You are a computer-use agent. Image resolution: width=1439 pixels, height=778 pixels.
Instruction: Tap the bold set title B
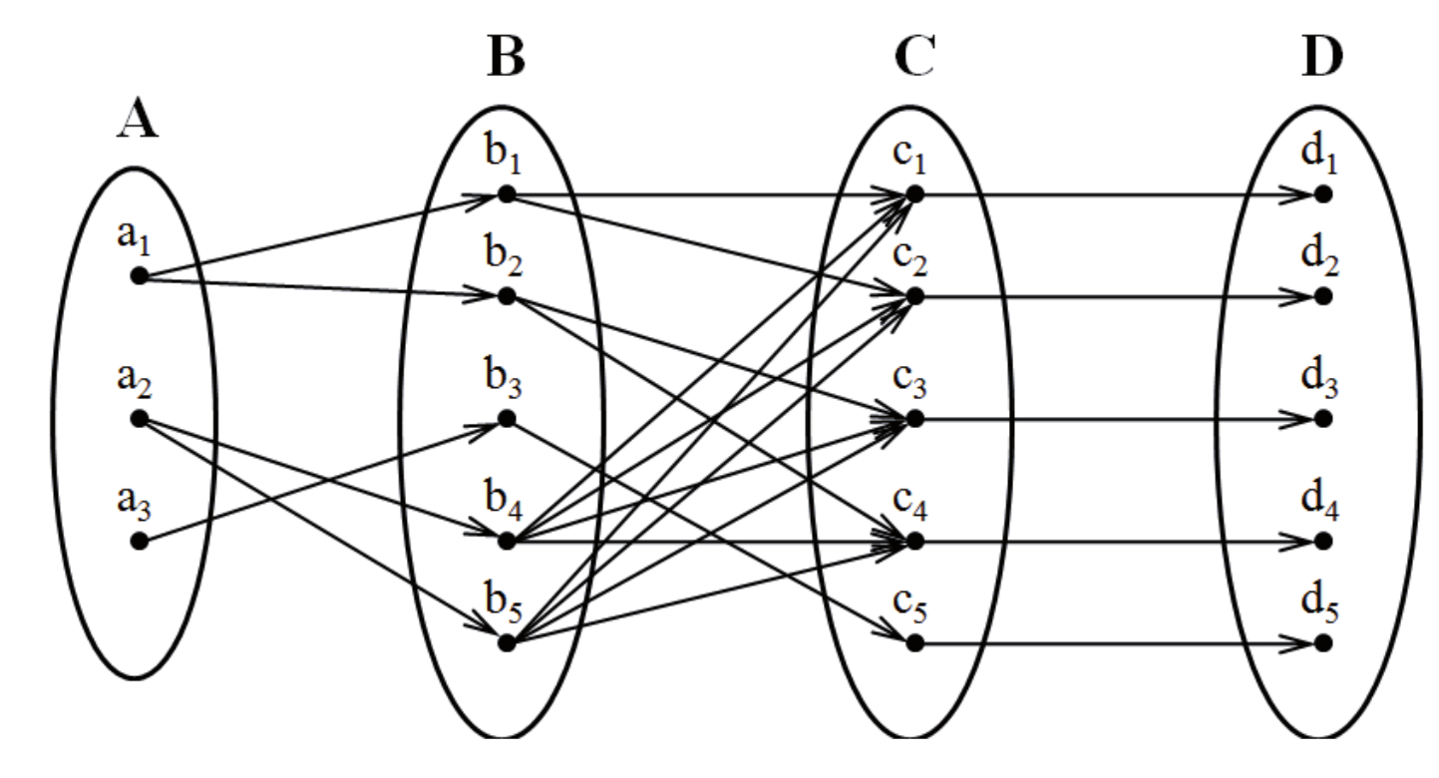pos(507,59)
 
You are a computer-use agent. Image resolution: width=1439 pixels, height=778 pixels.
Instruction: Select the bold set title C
pos(913,59)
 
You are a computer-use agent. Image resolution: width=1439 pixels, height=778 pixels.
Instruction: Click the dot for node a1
pos(139,275)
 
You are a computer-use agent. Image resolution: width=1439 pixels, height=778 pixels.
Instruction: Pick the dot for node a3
pos(139,542)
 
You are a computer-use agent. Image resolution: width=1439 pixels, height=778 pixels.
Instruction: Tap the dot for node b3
pos(507,419)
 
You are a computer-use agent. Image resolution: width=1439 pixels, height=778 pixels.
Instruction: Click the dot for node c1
pos(914,194)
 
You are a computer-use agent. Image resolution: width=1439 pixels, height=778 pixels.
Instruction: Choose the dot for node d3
pos(1323,419)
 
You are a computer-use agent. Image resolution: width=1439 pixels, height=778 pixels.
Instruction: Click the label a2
pos(138,381)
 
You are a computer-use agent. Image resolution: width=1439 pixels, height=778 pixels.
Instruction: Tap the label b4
pos(507,505)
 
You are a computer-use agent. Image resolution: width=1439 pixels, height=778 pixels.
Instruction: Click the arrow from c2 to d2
pos(1117,296)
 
